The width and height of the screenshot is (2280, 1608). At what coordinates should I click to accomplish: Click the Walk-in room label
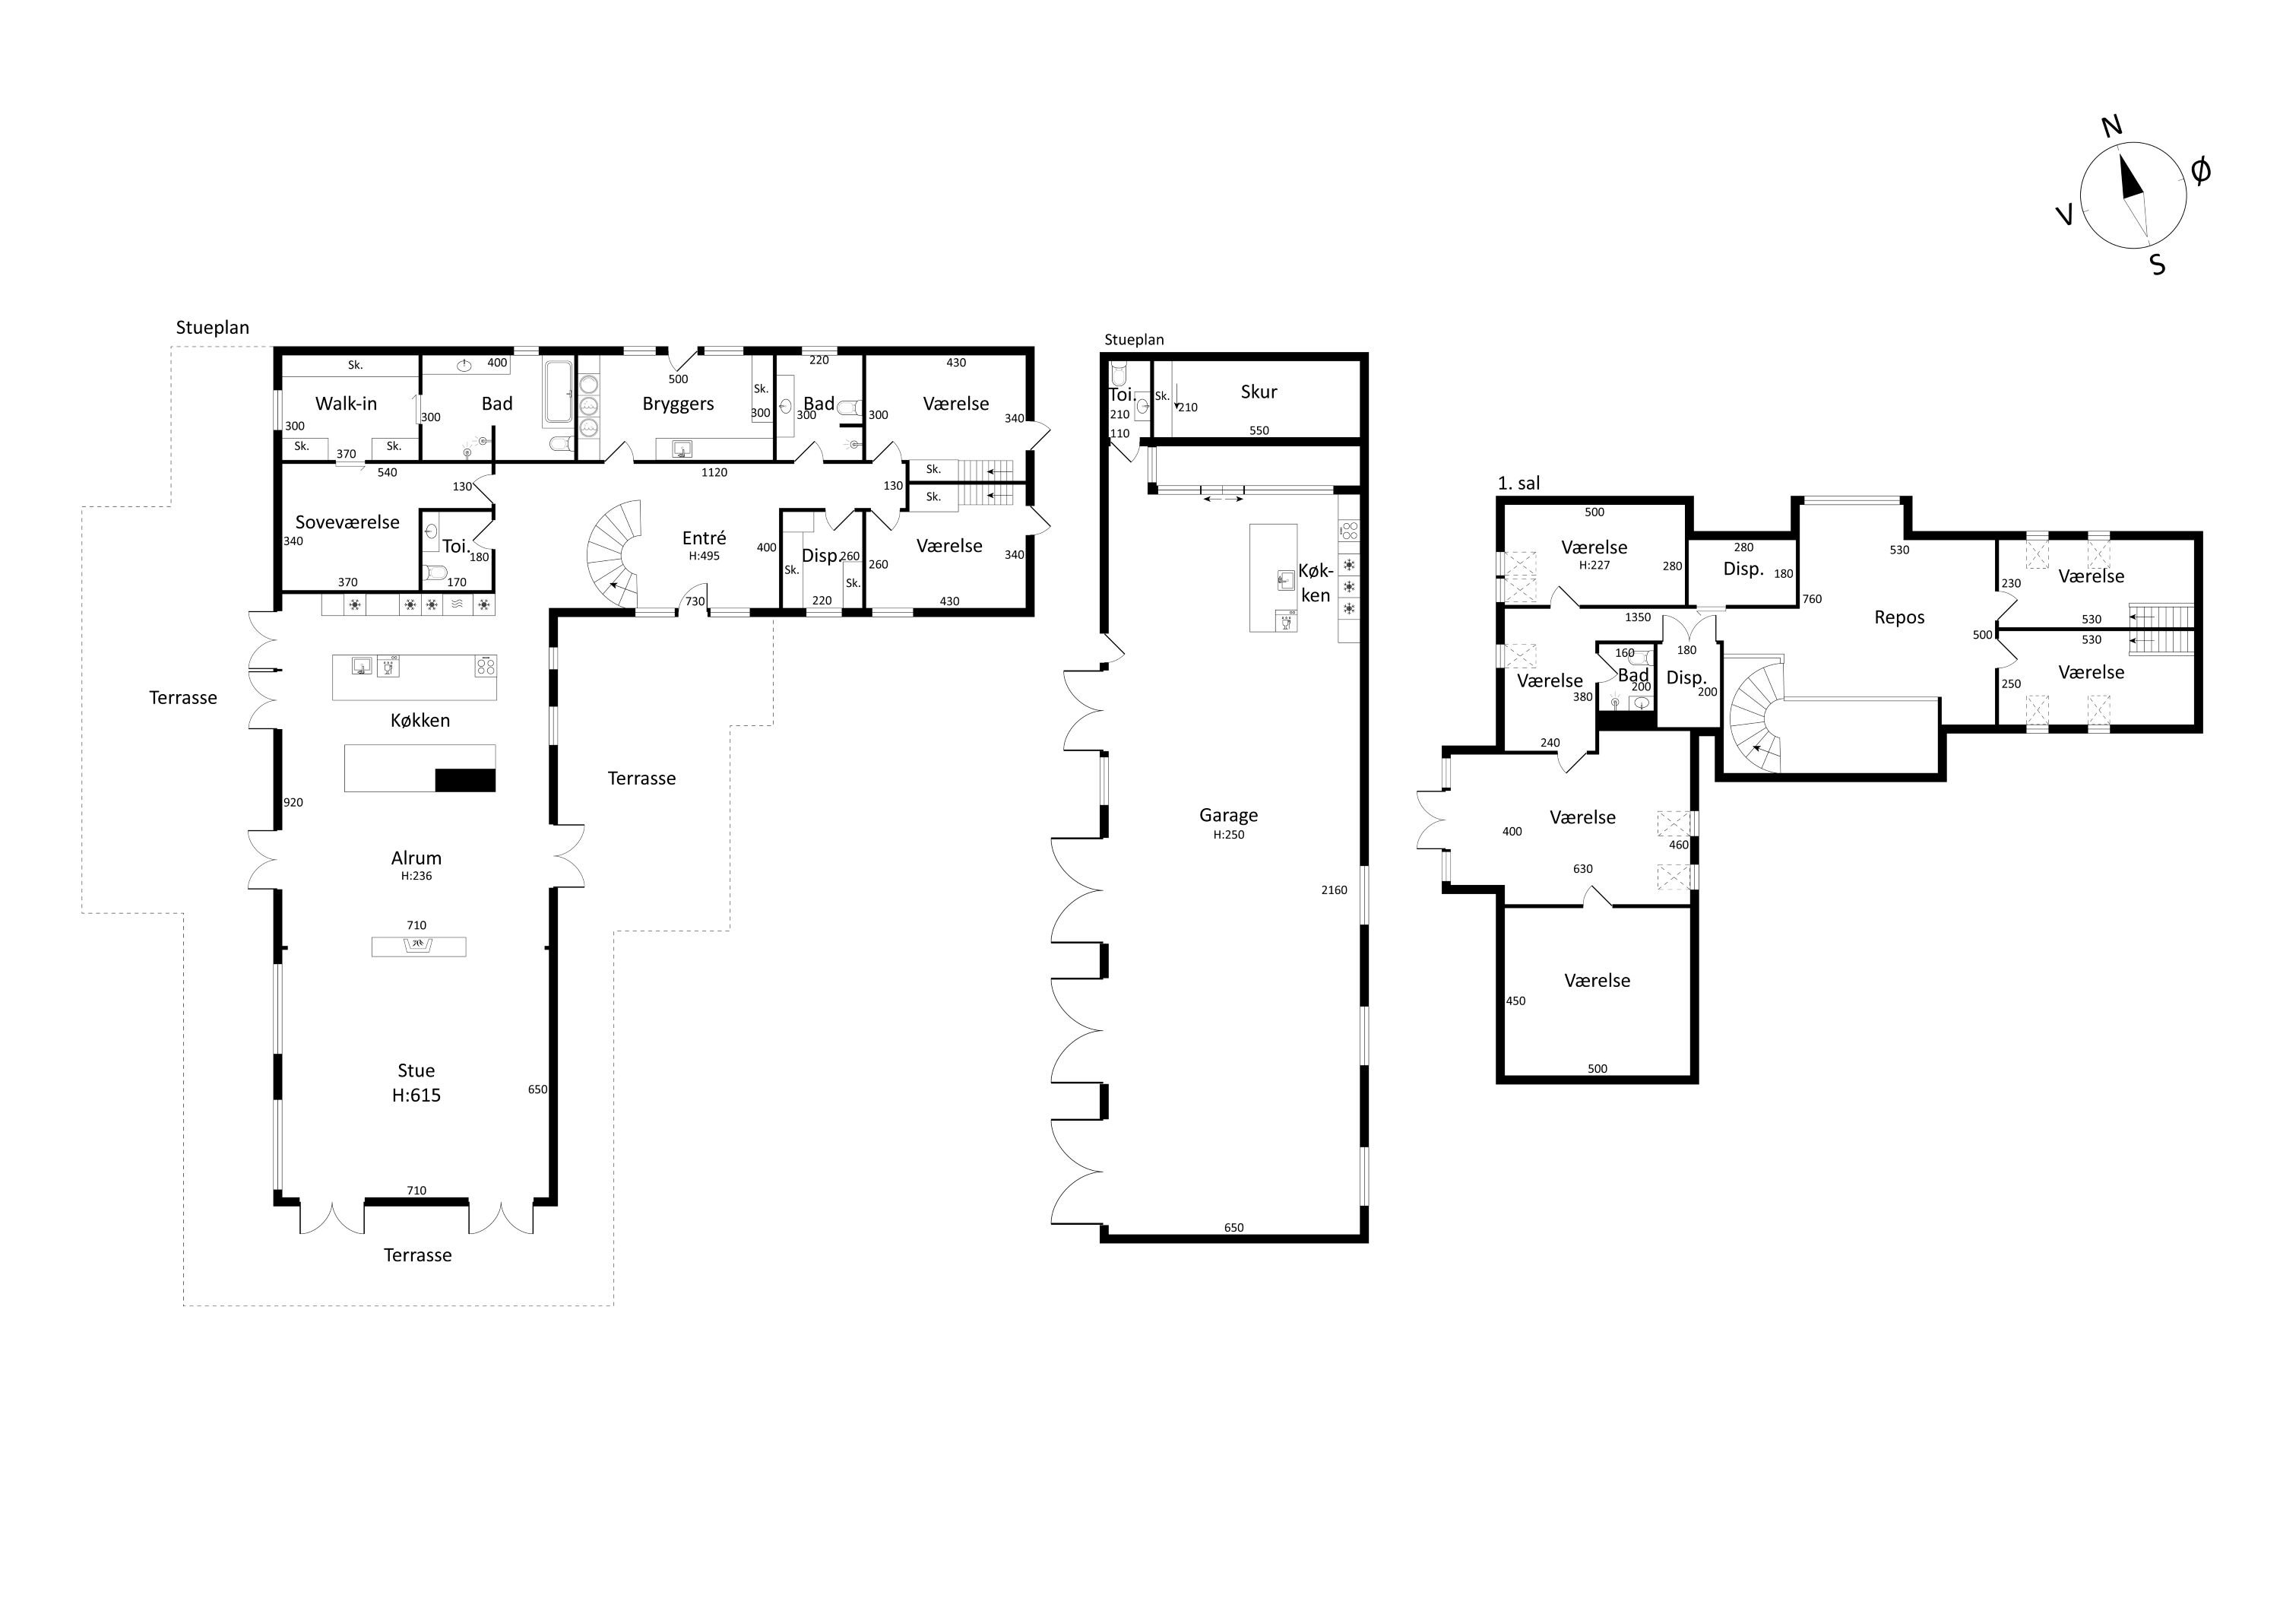pos(346,403)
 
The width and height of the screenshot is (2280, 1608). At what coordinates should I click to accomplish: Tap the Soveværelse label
pos(347,522)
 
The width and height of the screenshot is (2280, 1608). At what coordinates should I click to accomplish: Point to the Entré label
pos(704,538)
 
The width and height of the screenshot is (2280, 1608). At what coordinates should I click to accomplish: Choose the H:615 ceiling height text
pos(416,1096)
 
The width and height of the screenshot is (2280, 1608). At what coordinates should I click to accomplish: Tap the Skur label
pos(1258,392)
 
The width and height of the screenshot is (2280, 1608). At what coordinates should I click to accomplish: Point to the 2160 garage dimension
pos(1334,890)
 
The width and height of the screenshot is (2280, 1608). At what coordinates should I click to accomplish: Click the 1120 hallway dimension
pos(714,473)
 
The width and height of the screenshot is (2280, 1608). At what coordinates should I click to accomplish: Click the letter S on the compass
pos(2157,264)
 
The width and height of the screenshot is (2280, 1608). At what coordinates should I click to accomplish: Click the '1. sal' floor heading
pos(1518,484)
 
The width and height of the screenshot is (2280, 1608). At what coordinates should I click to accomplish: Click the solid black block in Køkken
pos(464,781)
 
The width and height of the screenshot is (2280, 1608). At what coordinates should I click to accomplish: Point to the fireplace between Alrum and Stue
pos(418,947)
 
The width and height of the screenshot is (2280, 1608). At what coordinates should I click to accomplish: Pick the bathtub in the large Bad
pos(558,395)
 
